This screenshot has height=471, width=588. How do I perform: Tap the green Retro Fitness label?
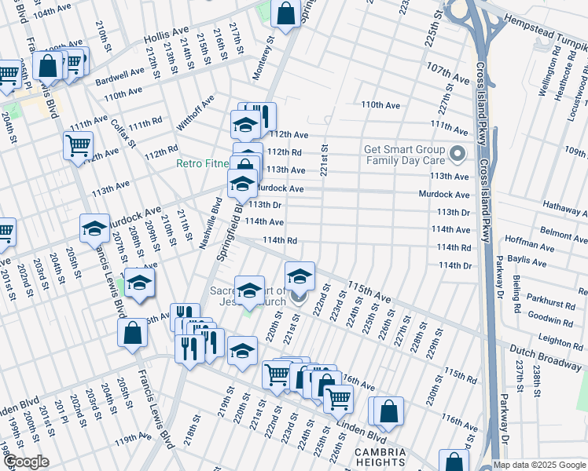tap(202, 164)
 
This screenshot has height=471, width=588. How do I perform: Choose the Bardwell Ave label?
tap(120, 76)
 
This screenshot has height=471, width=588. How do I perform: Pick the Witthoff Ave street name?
tap(195, 113)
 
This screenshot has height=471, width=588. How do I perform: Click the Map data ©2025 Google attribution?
tap(539, 465)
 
